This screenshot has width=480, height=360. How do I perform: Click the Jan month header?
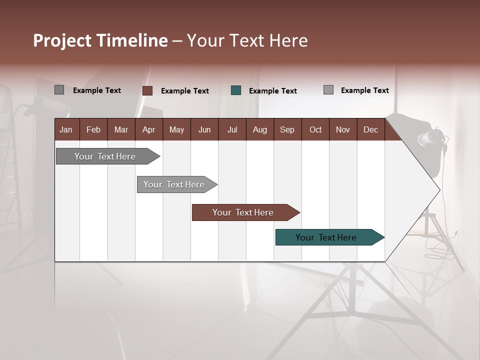coord(66,130)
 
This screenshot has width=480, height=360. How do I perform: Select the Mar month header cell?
coord(121,130)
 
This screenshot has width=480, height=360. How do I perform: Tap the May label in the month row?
coord(176,130)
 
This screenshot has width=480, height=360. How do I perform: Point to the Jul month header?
coord(232,130)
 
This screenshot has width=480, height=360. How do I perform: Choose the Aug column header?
coord(259,130)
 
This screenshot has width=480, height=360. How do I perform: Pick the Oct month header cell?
coord(315,130)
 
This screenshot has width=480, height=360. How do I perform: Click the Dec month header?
coord(370,130)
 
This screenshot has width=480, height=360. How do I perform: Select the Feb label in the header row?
coord(93,130)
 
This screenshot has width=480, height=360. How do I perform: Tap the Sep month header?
coord(287,130)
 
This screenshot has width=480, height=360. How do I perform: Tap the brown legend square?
coord(147,90)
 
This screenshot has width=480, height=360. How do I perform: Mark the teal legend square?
coord(236,90)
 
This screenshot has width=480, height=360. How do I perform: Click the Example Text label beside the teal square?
coord(272,91)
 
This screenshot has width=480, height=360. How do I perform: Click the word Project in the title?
coord(61,40)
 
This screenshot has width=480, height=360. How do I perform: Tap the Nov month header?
coord(343,130)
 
